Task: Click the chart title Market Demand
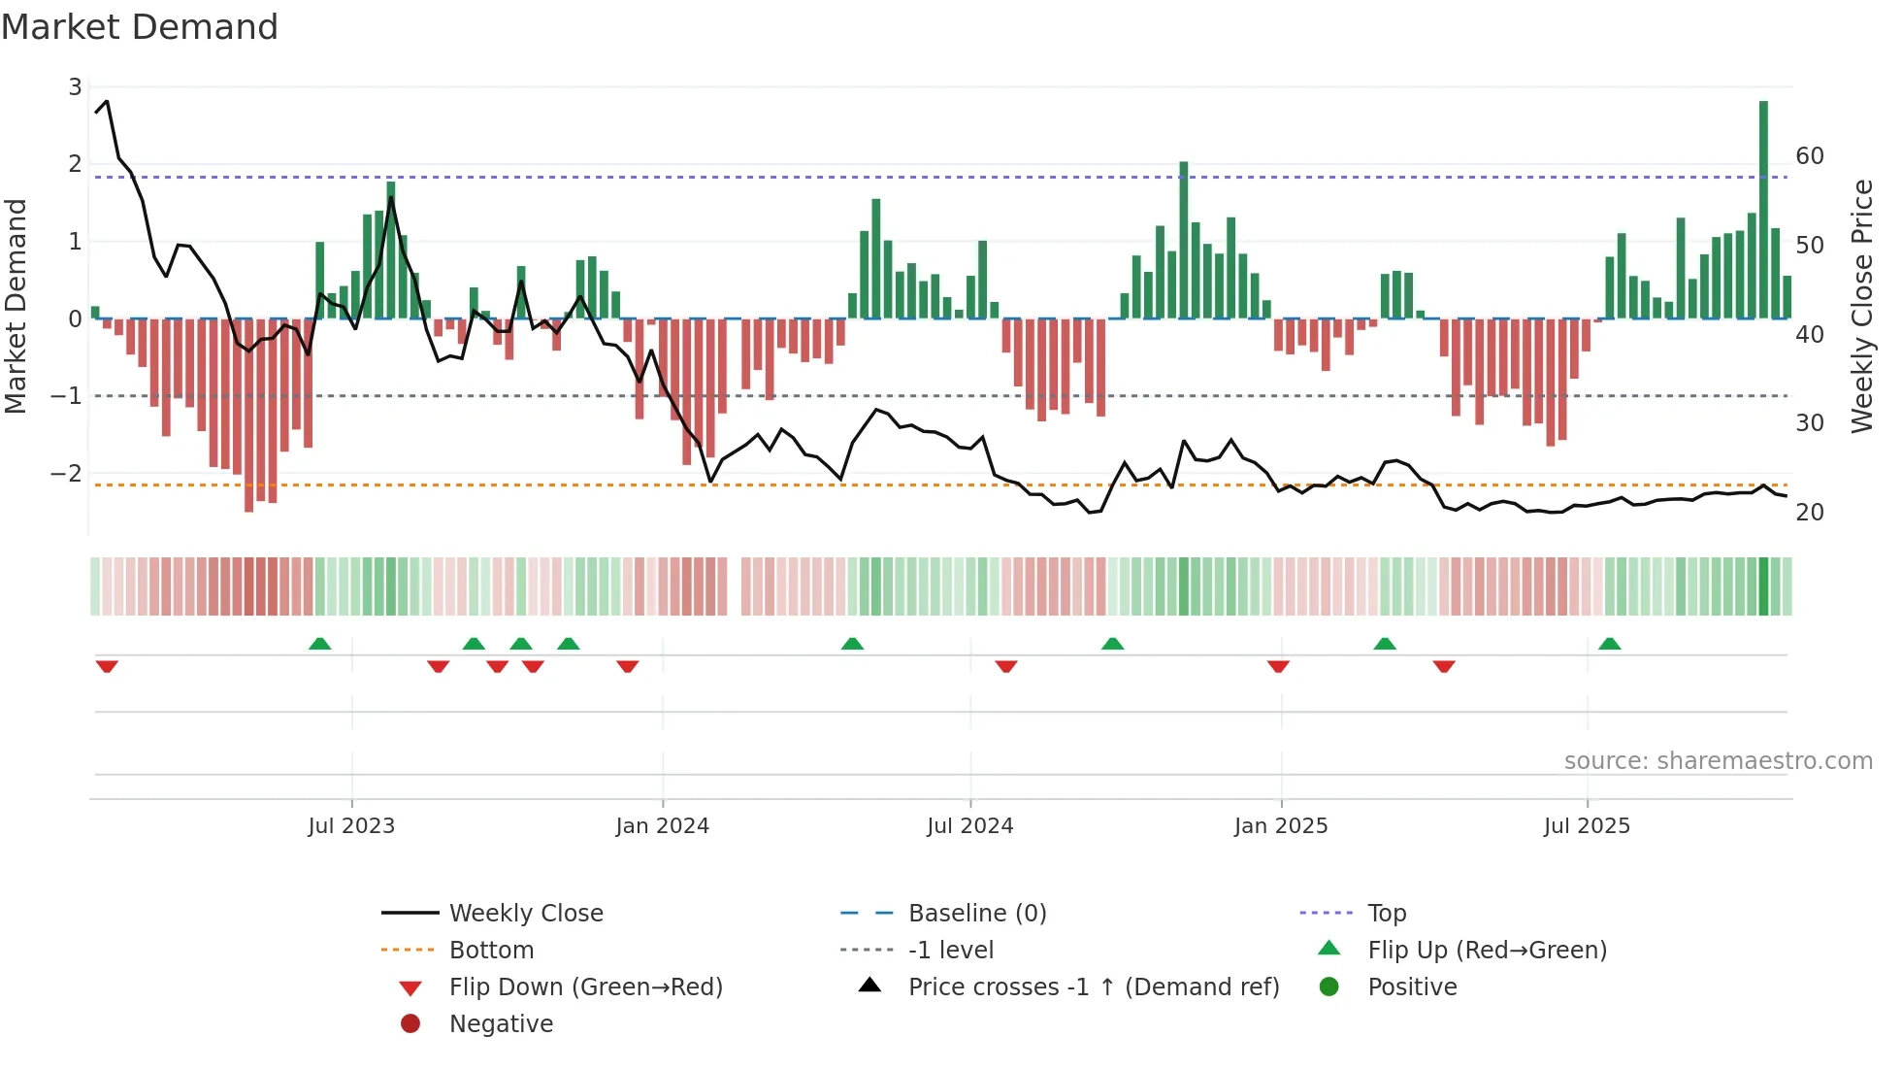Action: pyautogui.click(x=140, y=27)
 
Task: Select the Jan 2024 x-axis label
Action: pyautogui.click(x=662, y=826)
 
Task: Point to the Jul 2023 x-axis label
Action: pyautogui.click(x=351, y=826)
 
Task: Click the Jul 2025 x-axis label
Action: pyautogui.click(x=1587, y=826)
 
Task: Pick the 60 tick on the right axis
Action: pyautogui.click(x=1809, y=156)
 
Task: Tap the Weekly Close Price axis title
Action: pyautogui.click(x=1861, y=306)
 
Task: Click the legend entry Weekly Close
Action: pyautogui.click(x=525, y=914)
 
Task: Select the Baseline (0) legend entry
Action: pyautogui.click(x=976, y=914)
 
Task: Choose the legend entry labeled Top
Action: pyautogui.click(x=1386, y=914)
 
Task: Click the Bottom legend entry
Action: pyautogui.click(x=491, y=951)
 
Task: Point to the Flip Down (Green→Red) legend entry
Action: pyautogui.click(x=585, y=987)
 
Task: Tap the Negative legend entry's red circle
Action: pyautogui.click(x=410, y=1024)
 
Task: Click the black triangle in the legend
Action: pyautogui.click(x=869, y=986)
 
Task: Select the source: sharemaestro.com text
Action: pyautogui.click(x=1718, y=761)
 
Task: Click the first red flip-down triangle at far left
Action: pyautogui.click(x=107, y=666)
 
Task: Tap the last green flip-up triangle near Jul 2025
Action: pyautogui.click(x=1609, y=644)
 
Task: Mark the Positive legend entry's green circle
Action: pyautogui.click(x=1329, y=987)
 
